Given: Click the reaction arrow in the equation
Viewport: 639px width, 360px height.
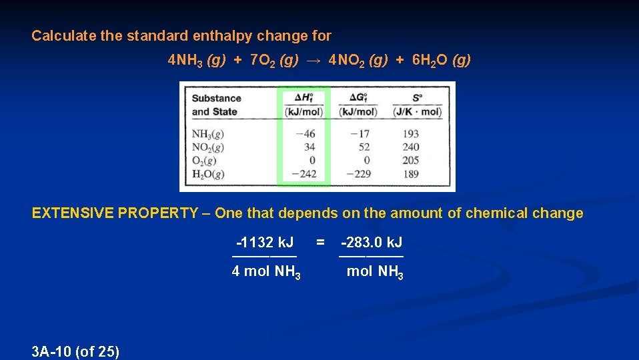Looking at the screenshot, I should (x=313, y=61).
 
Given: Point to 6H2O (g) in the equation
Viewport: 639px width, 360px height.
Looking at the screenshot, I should (x=442, y=61).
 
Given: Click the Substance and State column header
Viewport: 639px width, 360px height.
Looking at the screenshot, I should (x=216, y=105).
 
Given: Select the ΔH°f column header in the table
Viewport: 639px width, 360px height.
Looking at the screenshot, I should (x=303, y=104).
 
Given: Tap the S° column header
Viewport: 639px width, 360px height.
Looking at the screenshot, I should (x=417, y=104).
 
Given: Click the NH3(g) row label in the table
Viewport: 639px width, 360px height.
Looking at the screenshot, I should (x=207, y=134).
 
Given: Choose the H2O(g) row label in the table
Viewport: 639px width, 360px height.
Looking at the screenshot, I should (x=207, y=174).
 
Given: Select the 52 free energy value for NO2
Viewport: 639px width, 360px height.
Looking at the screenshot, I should (x=364, y=147).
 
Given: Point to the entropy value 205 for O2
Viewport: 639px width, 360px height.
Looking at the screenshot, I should (x=411, y=161).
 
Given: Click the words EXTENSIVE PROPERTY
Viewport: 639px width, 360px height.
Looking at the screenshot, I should (x=115, y=213).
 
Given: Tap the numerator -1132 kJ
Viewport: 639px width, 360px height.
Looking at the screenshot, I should (x=264, y=243).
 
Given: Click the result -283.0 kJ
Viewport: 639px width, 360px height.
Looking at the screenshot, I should (x=371, y=243).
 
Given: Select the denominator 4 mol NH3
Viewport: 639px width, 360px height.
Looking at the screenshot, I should (x=265, y=272).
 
